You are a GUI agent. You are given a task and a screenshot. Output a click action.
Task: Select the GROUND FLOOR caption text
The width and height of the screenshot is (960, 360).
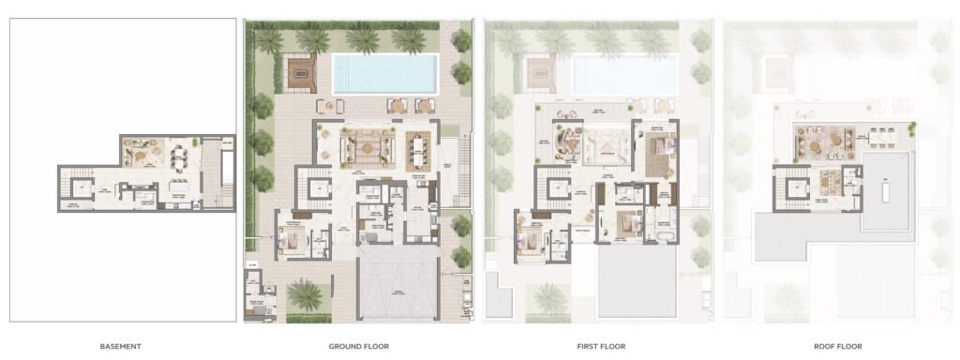tap(359, 346)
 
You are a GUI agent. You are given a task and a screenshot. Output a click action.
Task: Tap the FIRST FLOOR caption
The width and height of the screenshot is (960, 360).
tap(601, 346)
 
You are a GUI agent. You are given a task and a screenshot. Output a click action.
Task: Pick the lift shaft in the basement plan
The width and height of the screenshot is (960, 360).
tap(83, 188)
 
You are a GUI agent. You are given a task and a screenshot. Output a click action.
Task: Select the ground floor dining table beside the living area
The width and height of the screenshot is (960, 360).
tap(416, 145)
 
